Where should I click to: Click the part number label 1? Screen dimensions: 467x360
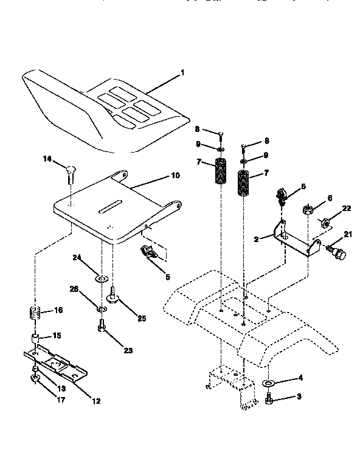[182, 73]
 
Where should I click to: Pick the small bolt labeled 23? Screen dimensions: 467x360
[101, 328]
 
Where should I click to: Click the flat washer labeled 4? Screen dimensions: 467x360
[268, 384]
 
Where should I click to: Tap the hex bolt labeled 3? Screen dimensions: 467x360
[269, 400]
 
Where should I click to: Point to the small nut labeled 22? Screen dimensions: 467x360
[325, 222]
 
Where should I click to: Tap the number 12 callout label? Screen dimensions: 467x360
[95, 401]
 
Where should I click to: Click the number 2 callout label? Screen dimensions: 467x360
[257, 239]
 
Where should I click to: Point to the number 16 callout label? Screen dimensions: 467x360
[58, 310]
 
